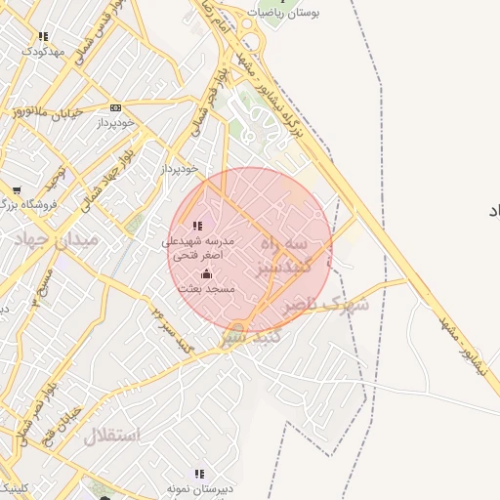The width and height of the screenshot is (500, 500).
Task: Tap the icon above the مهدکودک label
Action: pos(42,36)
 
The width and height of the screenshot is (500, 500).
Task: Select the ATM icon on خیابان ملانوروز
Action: pos(116,107)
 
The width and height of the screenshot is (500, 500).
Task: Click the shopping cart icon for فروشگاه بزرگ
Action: pos(17,189)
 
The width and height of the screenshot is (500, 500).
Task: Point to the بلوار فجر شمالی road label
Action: pos(207,103)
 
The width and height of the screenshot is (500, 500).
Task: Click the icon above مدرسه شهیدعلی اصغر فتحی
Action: pos(198,226)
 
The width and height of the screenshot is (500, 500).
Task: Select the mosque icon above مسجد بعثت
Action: pos(206,275)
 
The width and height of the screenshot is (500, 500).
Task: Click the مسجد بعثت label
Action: pos(206,290)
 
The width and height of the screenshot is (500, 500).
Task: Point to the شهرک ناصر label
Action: pos(326,306)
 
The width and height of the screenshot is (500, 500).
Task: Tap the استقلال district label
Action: pos(111,434)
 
